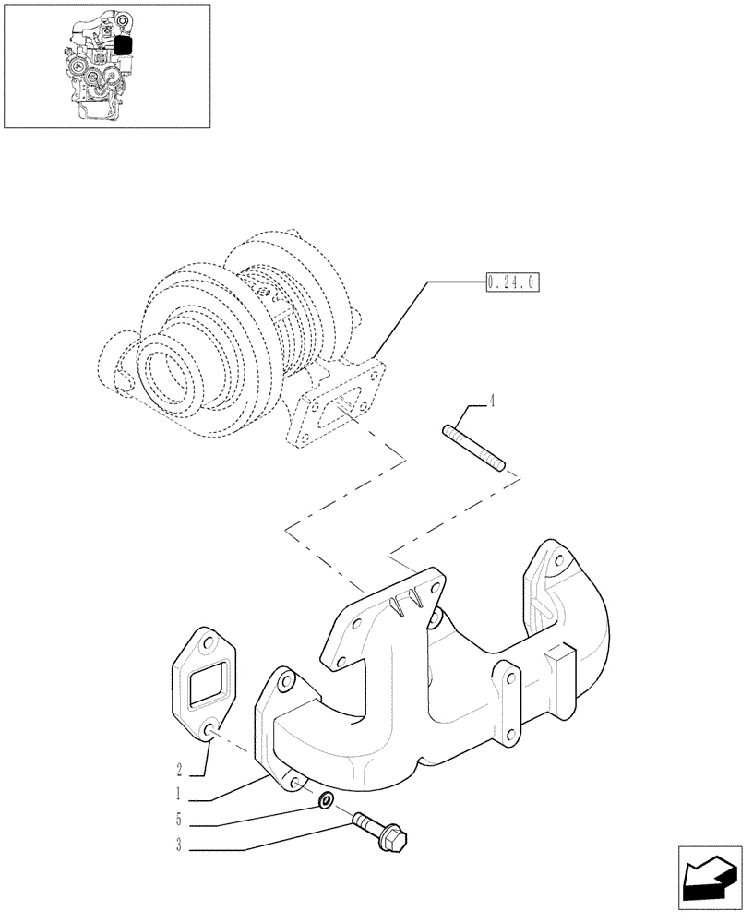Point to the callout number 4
coord(492,402)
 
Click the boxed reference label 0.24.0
coord(511,282)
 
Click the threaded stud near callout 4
coord(473,448)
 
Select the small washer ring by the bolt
coord(326,799)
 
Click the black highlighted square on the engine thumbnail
coord(124,43)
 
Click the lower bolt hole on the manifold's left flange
coord(293,783)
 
